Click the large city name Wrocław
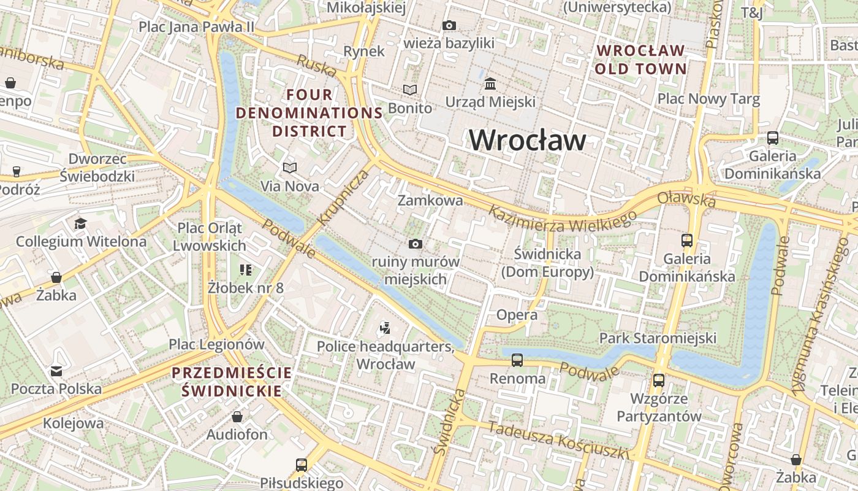(x=527, y=141)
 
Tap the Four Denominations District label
(x=309, y=113)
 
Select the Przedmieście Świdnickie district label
(x=232, y=382)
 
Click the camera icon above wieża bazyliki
(x=449, y=26)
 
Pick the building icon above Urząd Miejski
(x=490, y=83)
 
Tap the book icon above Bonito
(x=410, y=90)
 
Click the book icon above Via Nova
(x=290, y=168)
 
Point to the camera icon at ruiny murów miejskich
(x=416, y=244)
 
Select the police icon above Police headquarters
(x=385, y=328)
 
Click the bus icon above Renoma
(x=517, y=360)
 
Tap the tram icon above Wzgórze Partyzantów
(x=659, y=381)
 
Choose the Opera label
(x=517, y=315)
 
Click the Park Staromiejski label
(x=658, y=338)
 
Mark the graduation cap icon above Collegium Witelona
(x=81, y=223)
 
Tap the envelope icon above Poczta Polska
(x=56, y=371)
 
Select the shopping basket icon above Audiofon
(x=237, y=417)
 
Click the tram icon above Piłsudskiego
(x=302, y=465)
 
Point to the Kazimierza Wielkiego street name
(x=563, y=218)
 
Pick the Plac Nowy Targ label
(x=708, y=99)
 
